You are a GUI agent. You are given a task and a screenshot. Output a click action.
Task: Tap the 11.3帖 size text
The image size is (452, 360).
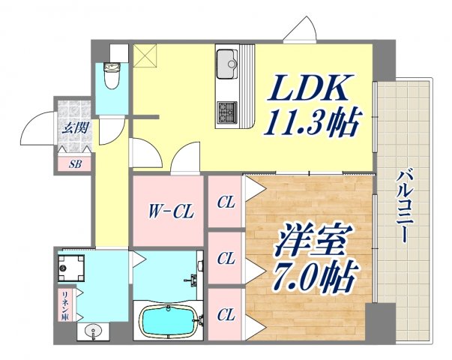[x=309, y=120]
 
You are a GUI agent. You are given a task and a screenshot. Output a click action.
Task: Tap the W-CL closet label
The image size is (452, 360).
[x=169, y=211]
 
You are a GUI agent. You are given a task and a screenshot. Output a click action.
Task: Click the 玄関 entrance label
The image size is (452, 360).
[x=73, y=127]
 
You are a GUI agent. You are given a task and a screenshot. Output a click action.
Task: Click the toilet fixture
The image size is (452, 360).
[x=114, y=73]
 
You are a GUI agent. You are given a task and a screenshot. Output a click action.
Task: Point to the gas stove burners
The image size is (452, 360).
[x=226, y=112]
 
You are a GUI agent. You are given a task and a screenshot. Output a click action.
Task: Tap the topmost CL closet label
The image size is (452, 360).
[x=225, y=202]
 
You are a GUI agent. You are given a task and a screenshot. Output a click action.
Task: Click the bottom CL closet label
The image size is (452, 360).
[x=225, y=316]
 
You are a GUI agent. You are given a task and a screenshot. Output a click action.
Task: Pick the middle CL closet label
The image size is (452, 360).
[x=225, y=259]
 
